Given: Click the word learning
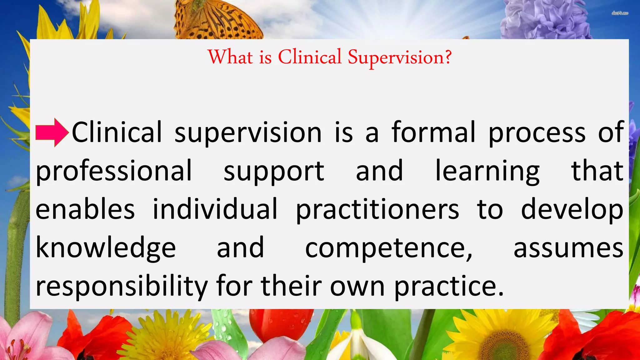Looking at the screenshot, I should [x=487, y=171].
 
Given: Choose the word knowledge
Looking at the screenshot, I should [x=106, y=248].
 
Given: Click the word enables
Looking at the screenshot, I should [x=85, y=209].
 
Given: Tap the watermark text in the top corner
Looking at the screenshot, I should [x=620, y=13].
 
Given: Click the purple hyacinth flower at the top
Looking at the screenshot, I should [x=544, y=19].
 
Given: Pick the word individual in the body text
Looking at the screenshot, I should [x=215, y=209].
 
